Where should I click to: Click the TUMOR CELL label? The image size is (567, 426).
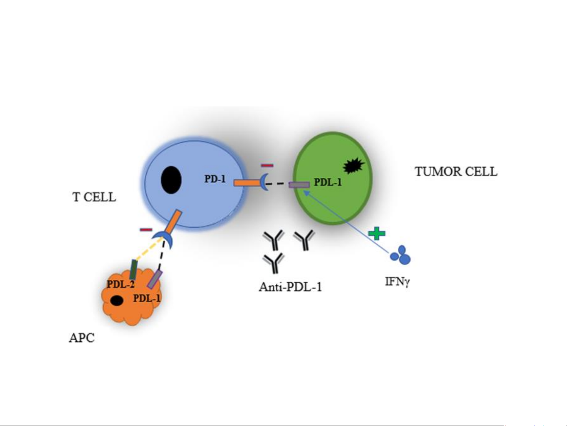(456, 172)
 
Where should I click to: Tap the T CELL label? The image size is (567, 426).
(94, 197)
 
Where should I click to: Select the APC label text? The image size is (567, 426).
(81, 338)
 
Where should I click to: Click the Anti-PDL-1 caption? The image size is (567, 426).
(290, 286)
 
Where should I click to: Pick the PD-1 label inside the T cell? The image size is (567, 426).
(215, 179)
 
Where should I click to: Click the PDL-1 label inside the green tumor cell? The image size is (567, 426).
(327, 182)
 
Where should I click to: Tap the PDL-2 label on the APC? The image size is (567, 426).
(120, 284)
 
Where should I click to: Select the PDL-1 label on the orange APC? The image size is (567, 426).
(146, 298)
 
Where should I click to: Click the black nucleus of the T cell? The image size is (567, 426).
(171, 180)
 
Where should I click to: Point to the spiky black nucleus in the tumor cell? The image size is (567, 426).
(353, 166)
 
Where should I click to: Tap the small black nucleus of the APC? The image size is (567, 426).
(116, 301)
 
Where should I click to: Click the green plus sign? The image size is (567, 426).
(377, 233)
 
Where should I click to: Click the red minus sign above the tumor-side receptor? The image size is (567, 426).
(267, 165)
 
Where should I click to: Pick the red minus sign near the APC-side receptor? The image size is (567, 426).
(146, 229)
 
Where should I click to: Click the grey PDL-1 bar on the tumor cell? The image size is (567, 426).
(299, 184)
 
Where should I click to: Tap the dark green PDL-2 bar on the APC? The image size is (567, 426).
(133, 270)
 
